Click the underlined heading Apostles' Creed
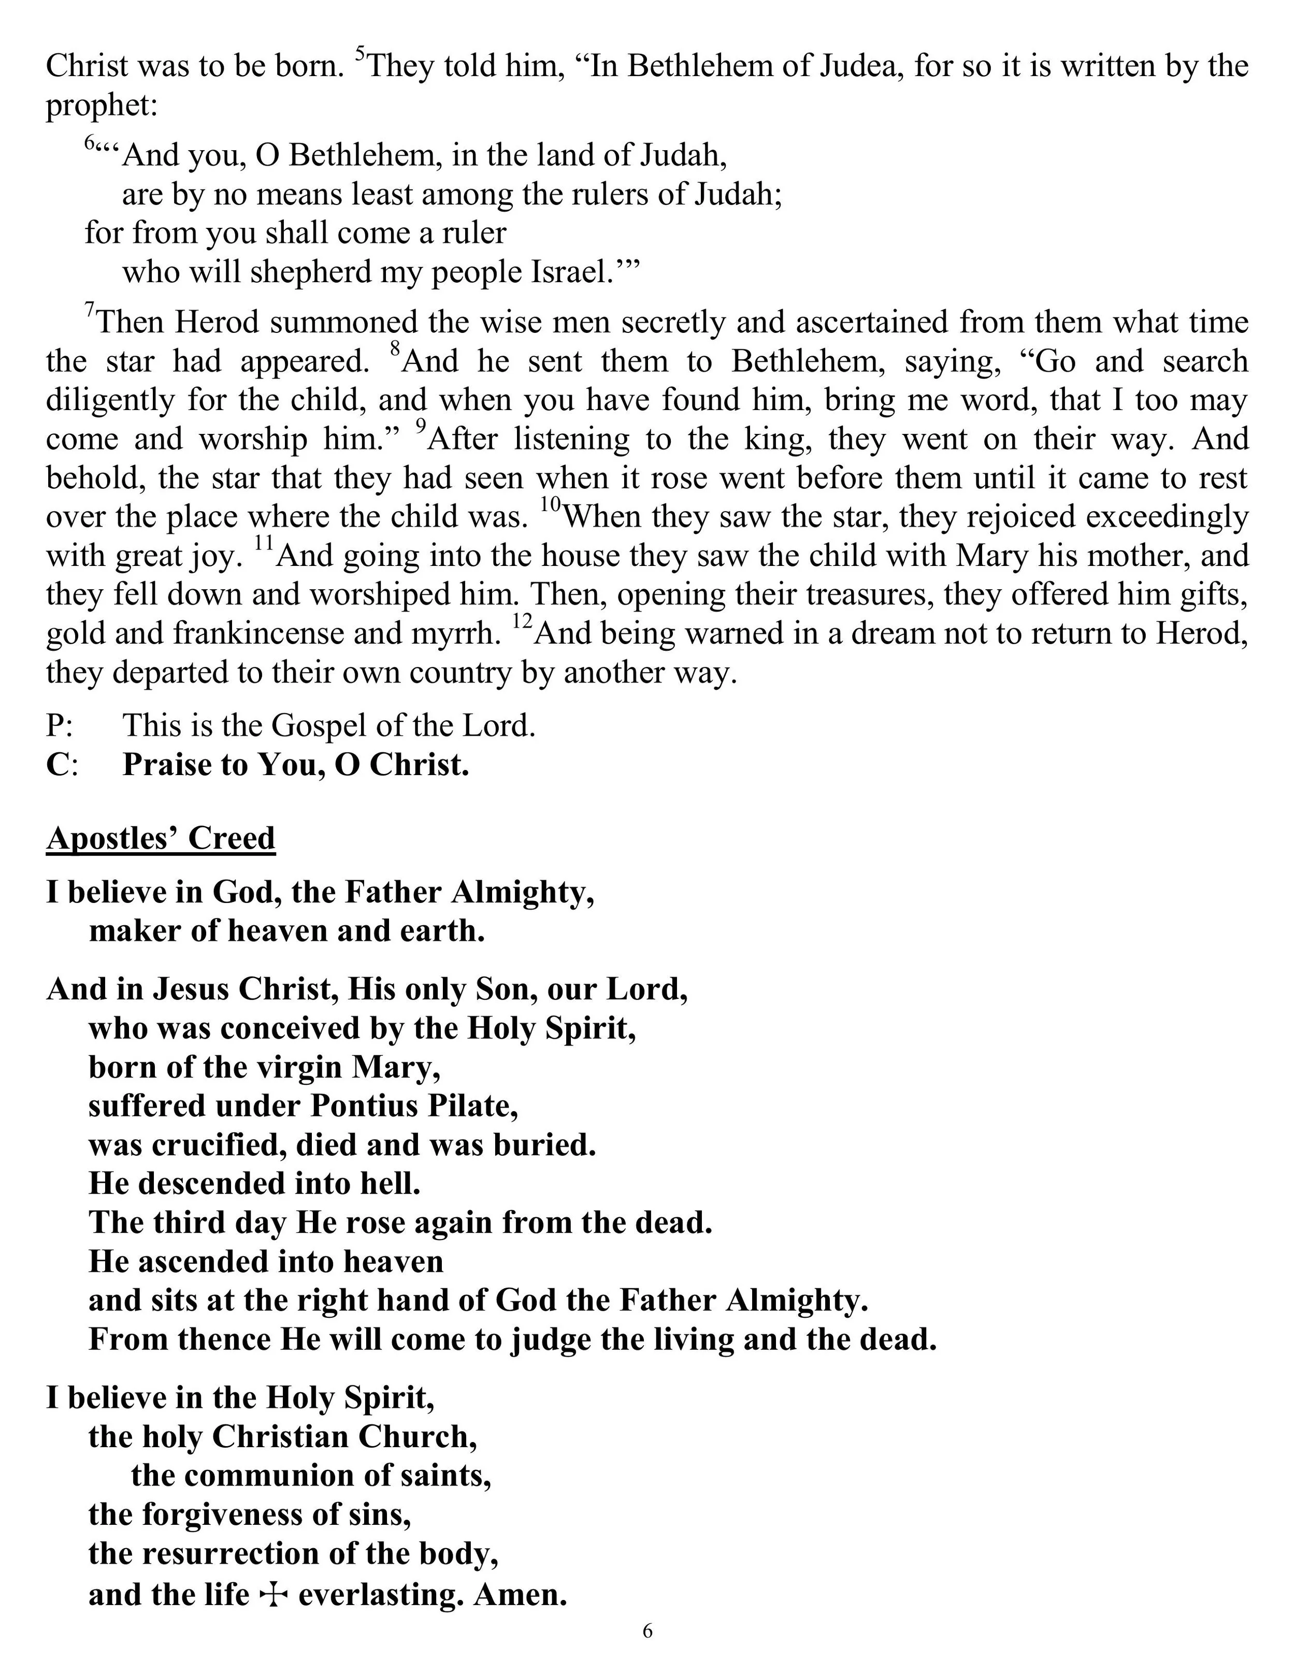point(161,838)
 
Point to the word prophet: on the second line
point(101,106)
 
